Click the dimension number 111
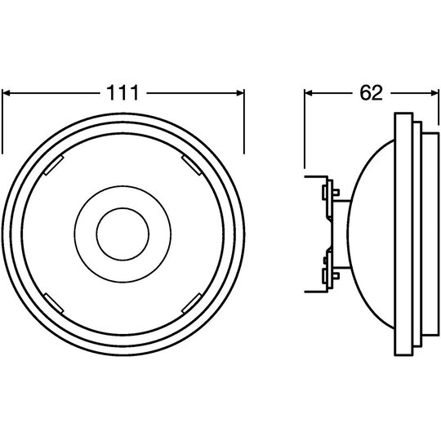point(122,93)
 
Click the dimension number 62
point(372,93)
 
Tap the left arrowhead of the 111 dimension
point(6,93)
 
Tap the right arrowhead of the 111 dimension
point(240,93)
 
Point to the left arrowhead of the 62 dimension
point(309,93)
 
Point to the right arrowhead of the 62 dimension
point(434,93)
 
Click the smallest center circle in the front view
point(122,234)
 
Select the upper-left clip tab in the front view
point(53,165)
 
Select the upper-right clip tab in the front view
point(192,165)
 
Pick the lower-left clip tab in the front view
point(53,304)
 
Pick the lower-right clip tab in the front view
point(192,303)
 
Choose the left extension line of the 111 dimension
point(2,122)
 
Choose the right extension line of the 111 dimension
point(244,122)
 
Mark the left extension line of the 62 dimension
point(305,129)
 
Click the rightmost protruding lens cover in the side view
point(430,234)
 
